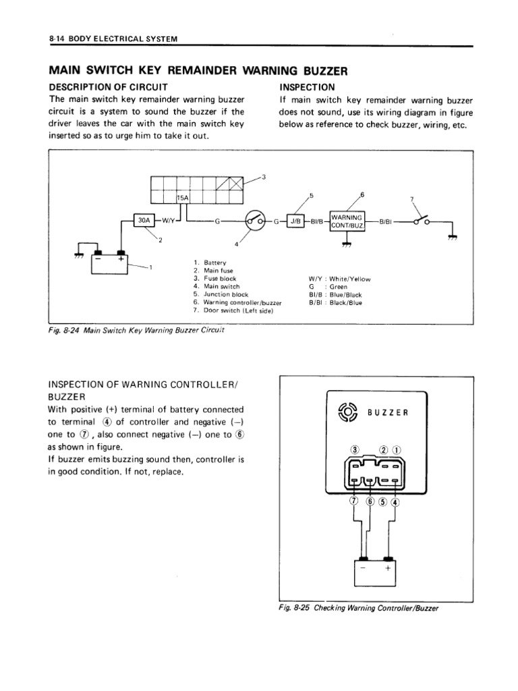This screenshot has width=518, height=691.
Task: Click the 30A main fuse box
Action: pyautogui.click(x=144, y=220)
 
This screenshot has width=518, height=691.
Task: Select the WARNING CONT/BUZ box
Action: pyautogui.click(x=347, y=221)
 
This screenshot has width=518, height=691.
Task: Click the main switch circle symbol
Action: pyautogui.click(x=254, y=220)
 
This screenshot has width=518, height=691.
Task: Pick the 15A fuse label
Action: pyautogui.click(x=182, y=198)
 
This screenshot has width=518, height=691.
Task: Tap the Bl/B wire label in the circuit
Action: pyautogui.click(x=318, y=221)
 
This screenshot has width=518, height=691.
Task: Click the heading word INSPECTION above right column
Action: pyautogui.click(x=306, y=87)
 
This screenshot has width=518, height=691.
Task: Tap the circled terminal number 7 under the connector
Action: pyautogui.click(x=353, y=502)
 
